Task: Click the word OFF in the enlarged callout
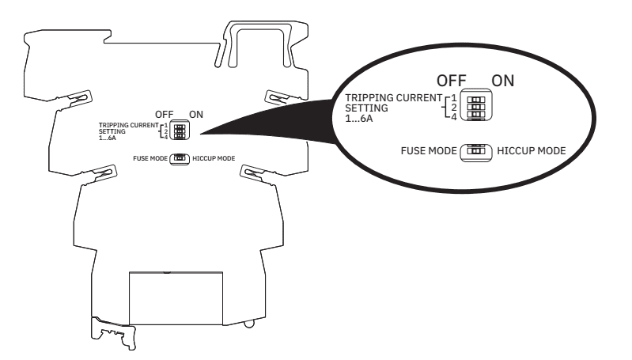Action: tap(452, 81)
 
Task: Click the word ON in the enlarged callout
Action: tap(502, 81)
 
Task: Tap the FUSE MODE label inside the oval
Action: tap(429, 151)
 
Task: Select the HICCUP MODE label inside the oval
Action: tap(532, 151)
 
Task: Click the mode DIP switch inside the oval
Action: tap(476, 153)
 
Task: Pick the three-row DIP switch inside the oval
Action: tap(476, 105)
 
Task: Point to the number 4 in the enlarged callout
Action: tap(454, 117)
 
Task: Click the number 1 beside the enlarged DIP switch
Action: tap(454, 98)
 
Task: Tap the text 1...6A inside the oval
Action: tap(359, 119)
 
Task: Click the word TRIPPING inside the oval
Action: tap(369, 98)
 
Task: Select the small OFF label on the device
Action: tap(164, 115)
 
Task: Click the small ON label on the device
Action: tap(196, 115)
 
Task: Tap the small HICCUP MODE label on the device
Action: tap(214, 158)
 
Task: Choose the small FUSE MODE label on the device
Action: tap(150, 158)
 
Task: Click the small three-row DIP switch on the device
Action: tap(180, 130)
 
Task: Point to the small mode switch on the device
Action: tap(180, 159)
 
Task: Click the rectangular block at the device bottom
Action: tap(176, 298)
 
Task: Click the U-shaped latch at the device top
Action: tap(260, 44)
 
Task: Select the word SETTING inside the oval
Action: tap(366, 108)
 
